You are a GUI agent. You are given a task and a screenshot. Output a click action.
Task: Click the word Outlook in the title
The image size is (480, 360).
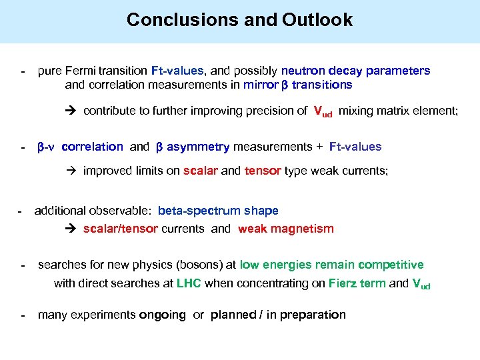(318, 20)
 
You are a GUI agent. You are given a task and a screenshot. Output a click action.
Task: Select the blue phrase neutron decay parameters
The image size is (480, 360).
(355, 71)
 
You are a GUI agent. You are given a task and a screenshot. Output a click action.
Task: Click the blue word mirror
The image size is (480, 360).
(259, 85)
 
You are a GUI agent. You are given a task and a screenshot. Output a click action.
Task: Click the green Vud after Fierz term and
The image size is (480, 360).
(421, 284)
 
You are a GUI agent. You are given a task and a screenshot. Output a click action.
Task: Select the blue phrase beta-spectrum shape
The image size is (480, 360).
(218, 211)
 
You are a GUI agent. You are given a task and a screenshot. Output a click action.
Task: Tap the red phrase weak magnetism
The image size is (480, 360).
(285, 229)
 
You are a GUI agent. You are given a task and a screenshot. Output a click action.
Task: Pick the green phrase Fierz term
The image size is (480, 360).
(357, 283)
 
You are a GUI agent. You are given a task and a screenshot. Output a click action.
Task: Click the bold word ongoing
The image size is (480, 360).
(162, 315)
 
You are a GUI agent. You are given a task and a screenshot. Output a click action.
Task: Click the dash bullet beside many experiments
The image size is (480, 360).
(23, 315)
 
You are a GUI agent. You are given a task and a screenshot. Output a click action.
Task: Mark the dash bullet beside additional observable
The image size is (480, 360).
(20, 211)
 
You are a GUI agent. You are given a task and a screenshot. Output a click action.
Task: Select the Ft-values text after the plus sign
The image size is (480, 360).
(355, 147)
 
